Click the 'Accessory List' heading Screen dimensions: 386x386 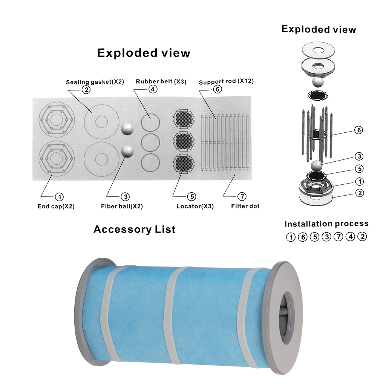coord(135,230)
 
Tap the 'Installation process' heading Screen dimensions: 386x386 coord(326,224)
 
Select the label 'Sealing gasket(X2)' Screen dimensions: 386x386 coord(95,82)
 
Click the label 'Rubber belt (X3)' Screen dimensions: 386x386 coord(161,81)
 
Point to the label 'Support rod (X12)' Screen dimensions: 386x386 coord(226,81)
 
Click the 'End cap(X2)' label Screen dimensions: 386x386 coord(56,206)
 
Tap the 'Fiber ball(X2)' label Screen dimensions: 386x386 coord(122,206)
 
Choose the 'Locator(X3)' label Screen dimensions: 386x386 coord(195,206)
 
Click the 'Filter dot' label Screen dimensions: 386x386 coord(245,206)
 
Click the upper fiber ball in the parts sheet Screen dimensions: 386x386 coord(127,129)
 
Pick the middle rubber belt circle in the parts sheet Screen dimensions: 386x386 coord(150,142)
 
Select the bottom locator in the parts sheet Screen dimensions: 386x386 coord(184,162)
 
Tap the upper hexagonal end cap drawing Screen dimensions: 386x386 coord(57,120)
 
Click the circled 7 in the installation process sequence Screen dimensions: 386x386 coord(339,237)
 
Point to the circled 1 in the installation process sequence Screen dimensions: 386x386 coord(291,237)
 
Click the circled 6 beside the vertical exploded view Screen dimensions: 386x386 coord(359,130)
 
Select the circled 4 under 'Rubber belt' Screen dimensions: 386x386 coord(153,89)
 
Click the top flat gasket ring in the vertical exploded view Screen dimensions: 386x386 coord(318,51)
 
